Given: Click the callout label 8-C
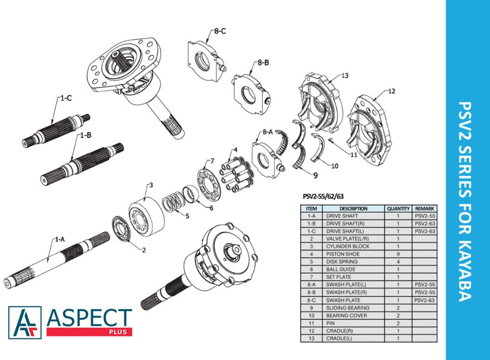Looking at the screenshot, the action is click(x=220, y=31).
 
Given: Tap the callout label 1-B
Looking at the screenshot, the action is click(x=86, y=135).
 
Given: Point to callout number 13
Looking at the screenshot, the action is click(x=344, y=75).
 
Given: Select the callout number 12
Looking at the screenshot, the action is click(x=392, y=91).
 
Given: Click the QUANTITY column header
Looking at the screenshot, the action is click(x=398, y=209).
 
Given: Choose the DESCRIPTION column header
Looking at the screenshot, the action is click(x=353, y=209).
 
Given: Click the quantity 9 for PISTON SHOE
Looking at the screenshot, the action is click(x=398, y=254).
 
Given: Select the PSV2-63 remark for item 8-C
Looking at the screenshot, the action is click(x=425, y=300).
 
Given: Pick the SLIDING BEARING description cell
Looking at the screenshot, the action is click(x=347, y=308).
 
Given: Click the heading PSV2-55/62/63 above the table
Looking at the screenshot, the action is click(x=323, y=196).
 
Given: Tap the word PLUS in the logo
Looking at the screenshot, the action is click(x=118, y=332).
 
